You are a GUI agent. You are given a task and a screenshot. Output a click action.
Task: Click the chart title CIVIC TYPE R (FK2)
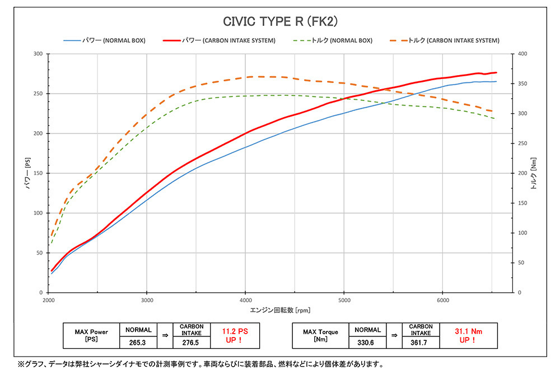coord(279,21)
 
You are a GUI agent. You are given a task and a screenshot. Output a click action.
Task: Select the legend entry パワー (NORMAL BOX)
coord(105,41)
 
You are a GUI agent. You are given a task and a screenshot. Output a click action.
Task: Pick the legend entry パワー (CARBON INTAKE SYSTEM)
coord(220,41)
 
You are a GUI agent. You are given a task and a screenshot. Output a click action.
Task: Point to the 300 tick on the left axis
coord(38,54)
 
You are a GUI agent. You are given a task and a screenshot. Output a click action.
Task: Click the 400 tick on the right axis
coord(523,54)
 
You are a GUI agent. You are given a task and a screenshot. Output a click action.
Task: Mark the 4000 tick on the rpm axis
coord(245,300)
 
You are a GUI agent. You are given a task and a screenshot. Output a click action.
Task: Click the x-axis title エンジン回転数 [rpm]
coord(281,310)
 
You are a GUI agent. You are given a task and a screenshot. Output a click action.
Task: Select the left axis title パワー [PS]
coord(27,173)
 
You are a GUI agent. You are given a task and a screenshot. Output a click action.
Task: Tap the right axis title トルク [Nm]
coord(534,173)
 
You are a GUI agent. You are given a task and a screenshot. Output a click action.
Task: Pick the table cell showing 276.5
coord(192,340)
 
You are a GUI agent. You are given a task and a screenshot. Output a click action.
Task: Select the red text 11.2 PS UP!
coord(235,335)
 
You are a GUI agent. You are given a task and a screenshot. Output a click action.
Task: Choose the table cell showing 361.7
coord(421,340)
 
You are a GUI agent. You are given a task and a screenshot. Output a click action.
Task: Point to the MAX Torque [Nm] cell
coord(320,335)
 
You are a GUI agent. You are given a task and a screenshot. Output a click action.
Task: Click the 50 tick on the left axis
coord(40,253)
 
